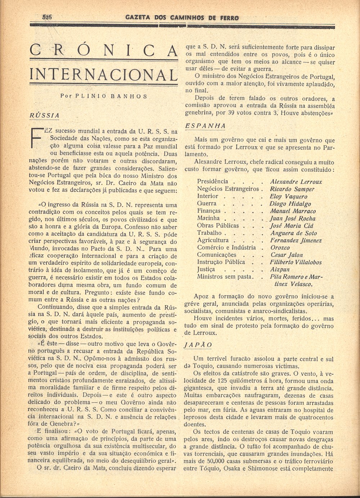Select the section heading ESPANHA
click(206, 126)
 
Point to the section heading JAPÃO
click(198, 345)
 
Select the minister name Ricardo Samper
click(292, 189)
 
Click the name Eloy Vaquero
click(289, 197)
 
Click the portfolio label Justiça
click(206, 269)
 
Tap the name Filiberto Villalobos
click(296, 262)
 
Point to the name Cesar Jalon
click(287, 255)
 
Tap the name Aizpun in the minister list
click(280, 269)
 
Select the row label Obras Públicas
click(218, 225)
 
